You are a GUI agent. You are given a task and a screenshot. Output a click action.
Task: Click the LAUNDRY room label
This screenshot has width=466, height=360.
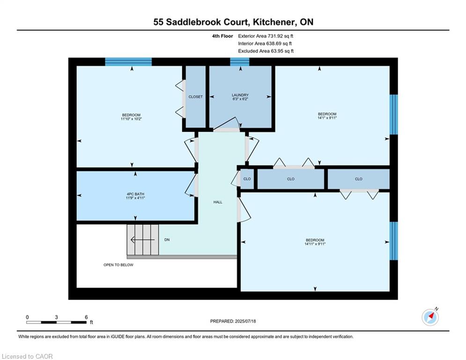(240, 95)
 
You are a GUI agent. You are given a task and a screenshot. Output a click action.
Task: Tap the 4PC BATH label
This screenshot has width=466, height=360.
(135, 194)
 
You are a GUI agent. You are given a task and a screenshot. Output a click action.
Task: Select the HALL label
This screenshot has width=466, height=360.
(218, 202)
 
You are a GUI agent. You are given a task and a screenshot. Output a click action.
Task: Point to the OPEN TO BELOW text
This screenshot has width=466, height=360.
(118, 265)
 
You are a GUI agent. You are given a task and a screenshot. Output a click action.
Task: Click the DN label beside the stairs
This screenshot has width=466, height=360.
(167, 240)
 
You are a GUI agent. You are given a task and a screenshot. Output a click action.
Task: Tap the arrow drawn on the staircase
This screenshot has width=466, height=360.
(143, 240)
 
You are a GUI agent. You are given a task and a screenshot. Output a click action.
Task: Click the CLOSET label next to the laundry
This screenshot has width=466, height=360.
(196, 97)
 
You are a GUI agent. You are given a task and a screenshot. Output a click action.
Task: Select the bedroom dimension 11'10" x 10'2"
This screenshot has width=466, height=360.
(131, 119)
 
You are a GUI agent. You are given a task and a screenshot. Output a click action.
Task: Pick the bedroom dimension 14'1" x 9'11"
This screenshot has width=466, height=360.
(327, 118)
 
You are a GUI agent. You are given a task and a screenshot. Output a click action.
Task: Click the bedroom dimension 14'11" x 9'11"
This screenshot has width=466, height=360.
(315, 244)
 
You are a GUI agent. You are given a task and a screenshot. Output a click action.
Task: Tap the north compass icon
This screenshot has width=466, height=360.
(430, 317)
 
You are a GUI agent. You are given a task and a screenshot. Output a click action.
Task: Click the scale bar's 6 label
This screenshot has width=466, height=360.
(86, 317)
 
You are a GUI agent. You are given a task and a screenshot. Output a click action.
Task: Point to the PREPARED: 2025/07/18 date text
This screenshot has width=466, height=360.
(233, 321)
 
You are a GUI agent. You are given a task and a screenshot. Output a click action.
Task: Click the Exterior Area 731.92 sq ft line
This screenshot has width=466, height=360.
(266, 36)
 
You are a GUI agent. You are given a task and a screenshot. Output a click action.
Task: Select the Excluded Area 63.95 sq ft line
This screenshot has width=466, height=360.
(266, 51)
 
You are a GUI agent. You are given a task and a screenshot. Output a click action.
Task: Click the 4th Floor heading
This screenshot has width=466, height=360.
(222, 36)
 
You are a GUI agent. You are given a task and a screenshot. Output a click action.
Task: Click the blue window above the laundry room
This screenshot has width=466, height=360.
(239, 61)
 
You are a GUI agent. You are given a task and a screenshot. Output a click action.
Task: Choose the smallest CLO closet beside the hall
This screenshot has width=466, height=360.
(247, 179)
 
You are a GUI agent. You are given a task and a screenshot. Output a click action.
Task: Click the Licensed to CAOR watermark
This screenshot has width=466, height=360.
(27, 356)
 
